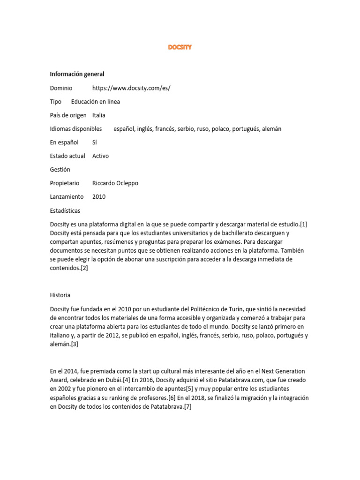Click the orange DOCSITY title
click(180, 47)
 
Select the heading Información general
click(77, 74)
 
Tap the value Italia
click(99, 115)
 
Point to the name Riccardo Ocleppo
click(115, 183)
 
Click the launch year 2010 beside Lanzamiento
click(99, 197)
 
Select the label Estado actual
click(67, 156)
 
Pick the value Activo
click(100, 156)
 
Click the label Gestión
click(60, 170)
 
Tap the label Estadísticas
click(65, 210)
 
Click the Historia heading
click(60, 295)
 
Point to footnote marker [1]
click(303, 225)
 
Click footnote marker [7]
click(187, 407)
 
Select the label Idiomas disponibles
click(76, 129)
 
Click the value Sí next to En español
click(95, 142)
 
